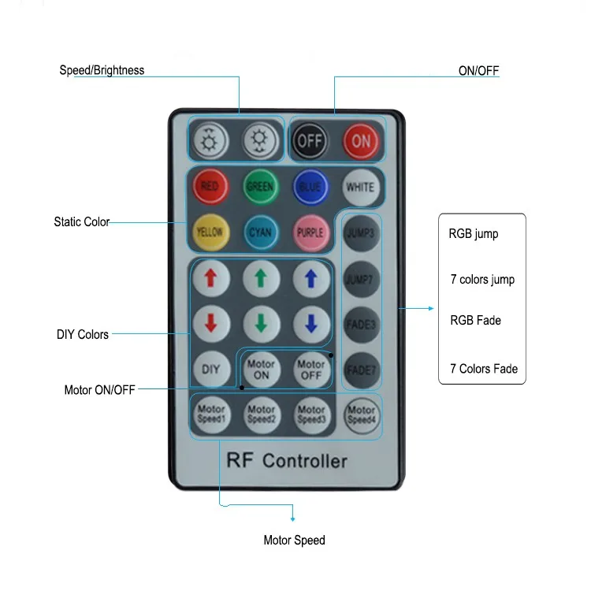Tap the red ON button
coord(361,141)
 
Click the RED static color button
coord(210,187)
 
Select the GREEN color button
coord(260,187)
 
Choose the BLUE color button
coord(310,187)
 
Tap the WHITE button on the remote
coord(360,187)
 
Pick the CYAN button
coord(260,232)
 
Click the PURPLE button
coord(310,232)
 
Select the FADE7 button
coord(360,369)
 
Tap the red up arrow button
coord(211,277)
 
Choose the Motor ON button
coord(261,369)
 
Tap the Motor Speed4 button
coord(361,414)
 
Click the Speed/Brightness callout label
coord(102,70)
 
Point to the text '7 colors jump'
coord(481,280)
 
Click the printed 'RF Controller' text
coord(287,461)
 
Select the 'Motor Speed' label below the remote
coord(294,541)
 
